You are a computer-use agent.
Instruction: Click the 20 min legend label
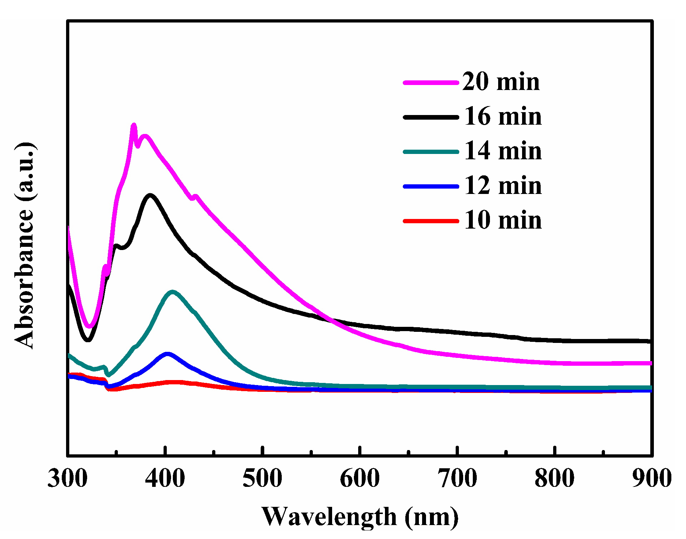point(501,82)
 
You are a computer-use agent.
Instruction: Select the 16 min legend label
point(503,117)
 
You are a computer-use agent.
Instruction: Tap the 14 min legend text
point(503,151)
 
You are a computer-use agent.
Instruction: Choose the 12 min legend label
point(503,186)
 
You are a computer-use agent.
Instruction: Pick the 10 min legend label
point(503,220)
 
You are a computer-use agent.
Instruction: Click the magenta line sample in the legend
point(431,83)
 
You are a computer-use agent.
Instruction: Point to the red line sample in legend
point(431,221)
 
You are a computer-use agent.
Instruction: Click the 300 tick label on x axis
point(67,478)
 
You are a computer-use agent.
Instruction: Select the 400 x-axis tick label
point(165,478)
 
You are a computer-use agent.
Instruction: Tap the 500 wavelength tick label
point(262,478)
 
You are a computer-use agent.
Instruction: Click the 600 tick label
point(360,478)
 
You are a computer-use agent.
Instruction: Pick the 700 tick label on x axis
point(457,478)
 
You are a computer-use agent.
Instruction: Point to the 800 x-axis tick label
point(555,478)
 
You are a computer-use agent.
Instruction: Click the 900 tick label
point(651,478)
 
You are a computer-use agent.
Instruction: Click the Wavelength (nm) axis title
point(360,516)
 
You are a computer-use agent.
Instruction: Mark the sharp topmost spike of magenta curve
point(134,125)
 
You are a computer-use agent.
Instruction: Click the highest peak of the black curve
point(150,195)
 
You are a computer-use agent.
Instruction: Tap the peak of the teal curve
point(173,292)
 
